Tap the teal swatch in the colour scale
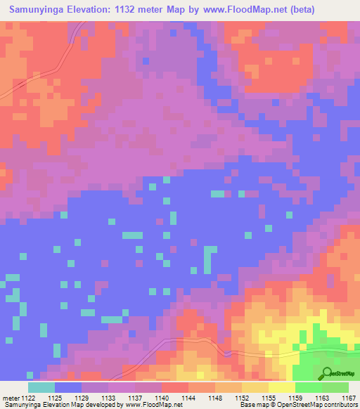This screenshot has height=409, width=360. [x=41, y=387]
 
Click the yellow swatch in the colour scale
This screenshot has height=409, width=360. [x=282, y=387]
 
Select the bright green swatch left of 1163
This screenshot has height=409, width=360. [x=309, y=387]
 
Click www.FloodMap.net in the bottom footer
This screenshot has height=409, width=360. [x=150, y=404]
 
